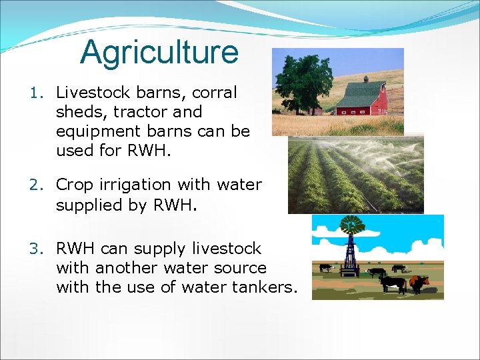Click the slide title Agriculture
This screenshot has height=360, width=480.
[159, 53]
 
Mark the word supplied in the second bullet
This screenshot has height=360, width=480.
[88, 205]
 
